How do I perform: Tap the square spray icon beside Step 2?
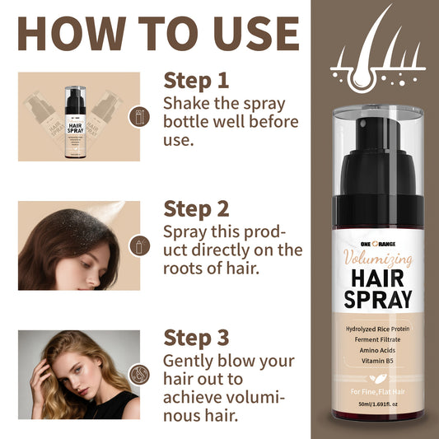140,245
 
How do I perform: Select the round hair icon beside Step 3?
140,374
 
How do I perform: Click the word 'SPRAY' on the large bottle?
376,301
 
